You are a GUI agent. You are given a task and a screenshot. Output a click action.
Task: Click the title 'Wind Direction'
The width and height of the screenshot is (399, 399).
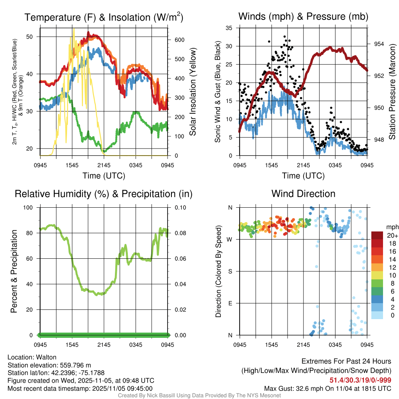pos(303,194)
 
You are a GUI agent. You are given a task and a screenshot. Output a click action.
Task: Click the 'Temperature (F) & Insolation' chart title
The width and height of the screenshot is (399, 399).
pos(104,18)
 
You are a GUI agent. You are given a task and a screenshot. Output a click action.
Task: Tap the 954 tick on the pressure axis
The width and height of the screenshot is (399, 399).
pos(376,44)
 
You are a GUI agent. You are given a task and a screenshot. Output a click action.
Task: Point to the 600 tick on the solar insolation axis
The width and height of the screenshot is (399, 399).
pos(176,40)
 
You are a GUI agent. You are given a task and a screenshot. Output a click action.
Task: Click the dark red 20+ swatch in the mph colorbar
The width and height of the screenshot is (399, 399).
pos(377,236)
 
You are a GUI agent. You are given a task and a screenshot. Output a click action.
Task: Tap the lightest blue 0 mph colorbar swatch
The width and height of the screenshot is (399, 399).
pos(377,315)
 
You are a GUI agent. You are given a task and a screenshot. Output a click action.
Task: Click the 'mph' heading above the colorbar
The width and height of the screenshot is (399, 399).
pos(391,227)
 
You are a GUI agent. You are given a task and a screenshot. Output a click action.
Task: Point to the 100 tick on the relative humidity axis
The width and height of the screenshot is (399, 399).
pos(31,207)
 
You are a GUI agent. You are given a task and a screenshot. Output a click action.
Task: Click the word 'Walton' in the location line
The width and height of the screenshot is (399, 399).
pos(45,357)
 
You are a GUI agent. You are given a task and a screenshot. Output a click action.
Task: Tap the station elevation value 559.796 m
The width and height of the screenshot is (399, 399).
pos(75,365)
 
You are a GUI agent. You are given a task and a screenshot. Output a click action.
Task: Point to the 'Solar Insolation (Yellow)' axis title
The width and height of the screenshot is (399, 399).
pos(192,92)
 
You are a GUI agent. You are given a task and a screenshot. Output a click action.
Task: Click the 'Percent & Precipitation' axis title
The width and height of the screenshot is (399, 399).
pos(14,271)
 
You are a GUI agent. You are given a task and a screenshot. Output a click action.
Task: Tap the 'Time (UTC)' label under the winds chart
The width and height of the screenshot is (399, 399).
pos(303,176)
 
